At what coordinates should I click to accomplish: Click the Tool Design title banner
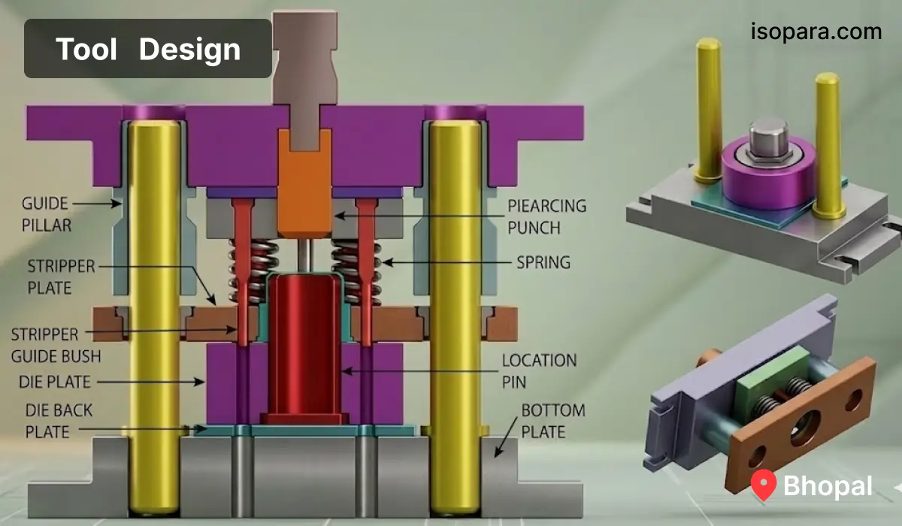click(148, 48)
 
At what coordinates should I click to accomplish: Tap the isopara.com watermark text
click(816, 32)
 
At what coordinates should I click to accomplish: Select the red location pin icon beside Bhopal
click(764, 485)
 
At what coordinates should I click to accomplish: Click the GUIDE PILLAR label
click(47, 214)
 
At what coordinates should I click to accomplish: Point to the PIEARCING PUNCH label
click(546, 216)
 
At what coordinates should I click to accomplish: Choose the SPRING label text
click(543, 262)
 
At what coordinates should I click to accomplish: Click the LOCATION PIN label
click(539, 370)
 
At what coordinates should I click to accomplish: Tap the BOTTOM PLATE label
click(553, 421)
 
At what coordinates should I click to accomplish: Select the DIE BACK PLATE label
click(59, 421)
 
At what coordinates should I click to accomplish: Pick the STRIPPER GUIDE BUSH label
click(56, 346)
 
